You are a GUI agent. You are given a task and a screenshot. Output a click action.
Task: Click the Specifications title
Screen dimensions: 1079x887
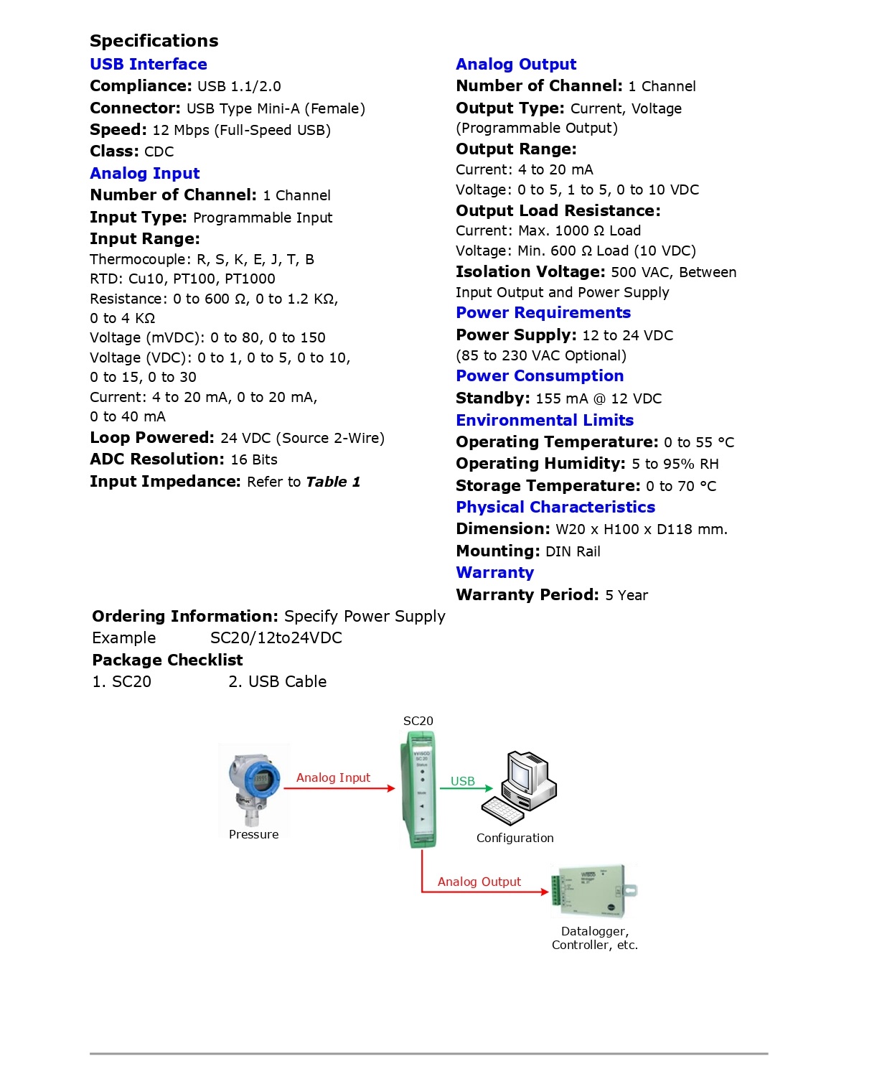154,41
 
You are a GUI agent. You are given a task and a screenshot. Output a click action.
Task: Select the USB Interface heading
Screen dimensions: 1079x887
149,64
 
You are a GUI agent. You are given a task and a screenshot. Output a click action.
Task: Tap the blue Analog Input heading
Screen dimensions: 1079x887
145,173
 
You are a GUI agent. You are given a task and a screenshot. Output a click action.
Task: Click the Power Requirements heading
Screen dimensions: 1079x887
543,312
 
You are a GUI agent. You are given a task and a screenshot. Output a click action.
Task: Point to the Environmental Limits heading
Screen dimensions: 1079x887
545,420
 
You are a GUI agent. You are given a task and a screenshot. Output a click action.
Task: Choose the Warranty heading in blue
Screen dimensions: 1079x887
494,572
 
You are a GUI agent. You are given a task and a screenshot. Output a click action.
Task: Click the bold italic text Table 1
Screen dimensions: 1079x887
333,482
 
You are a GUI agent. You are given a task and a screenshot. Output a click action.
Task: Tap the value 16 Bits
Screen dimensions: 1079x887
254,459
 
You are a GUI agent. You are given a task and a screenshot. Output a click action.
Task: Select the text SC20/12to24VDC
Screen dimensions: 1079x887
276,637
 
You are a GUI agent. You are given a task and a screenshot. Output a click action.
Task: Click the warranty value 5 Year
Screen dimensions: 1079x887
626,595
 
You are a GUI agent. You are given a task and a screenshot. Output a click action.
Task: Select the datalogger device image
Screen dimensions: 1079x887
593,891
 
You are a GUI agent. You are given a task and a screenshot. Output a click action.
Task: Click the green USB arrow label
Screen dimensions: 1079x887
463,781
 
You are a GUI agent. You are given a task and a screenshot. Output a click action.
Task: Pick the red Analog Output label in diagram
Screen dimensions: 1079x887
479,882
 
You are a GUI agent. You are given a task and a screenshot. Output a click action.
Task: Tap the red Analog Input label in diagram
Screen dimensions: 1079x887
333,777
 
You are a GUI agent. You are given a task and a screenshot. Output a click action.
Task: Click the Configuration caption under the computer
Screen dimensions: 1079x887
515,838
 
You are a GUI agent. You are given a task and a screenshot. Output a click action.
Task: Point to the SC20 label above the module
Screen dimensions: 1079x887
418,721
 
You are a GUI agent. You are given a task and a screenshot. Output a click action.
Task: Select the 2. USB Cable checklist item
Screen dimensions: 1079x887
278,681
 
